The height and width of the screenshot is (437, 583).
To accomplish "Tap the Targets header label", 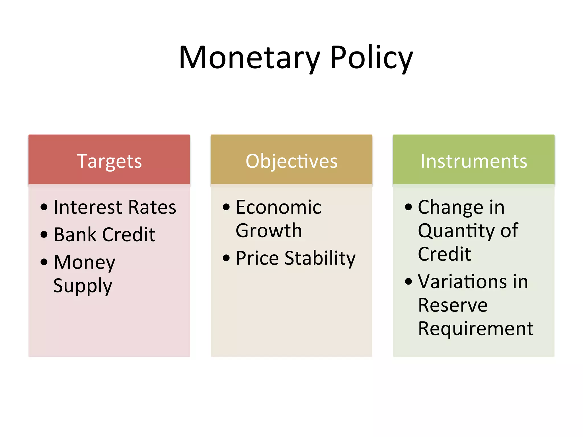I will pos(109,161).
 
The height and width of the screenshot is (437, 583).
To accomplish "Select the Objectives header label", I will pos(291,161).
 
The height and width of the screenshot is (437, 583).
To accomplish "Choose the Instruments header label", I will pos(474,161).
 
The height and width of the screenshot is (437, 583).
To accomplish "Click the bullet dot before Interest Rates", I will pos(44,207).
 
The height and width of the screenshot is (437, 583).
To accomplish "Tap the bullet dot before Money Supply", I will pos(44,262).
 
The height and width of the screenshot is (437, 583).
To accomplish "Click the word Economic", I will pos(278,207).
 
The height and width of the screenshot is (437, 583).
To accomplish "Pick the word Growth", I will pos(269,230).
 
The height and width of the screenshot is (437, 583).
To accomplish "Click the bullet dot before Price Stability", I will pos(226,258).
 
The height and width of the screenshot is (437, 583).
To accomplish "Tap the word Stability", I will pos(320,258).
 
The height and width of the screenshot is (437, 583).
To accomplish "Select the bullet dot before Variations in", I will pos(408,281).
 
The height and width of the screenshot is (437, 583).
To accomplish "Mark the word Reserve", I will pos(453,305).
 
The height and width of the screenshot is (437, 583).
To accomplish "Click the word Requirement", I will pos(475,329).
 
